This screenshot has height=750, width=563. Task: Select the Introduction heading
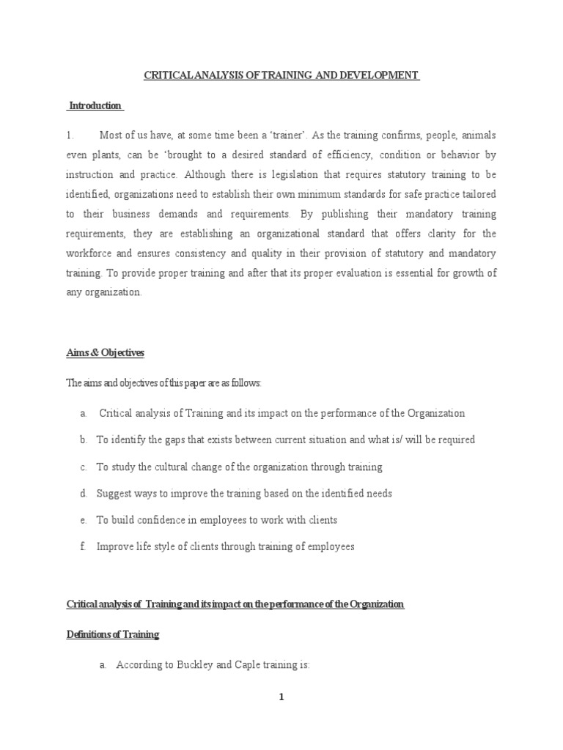(95, 105)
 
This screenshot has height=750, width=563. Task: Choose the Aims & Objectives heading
(106, 353)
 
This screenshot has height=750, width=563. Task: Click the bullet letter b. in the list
(84, 440)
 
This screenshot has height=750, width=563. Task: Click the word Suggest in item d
(114, 494)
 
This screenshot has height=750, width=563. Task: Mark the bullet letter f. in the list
(84, 547)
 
